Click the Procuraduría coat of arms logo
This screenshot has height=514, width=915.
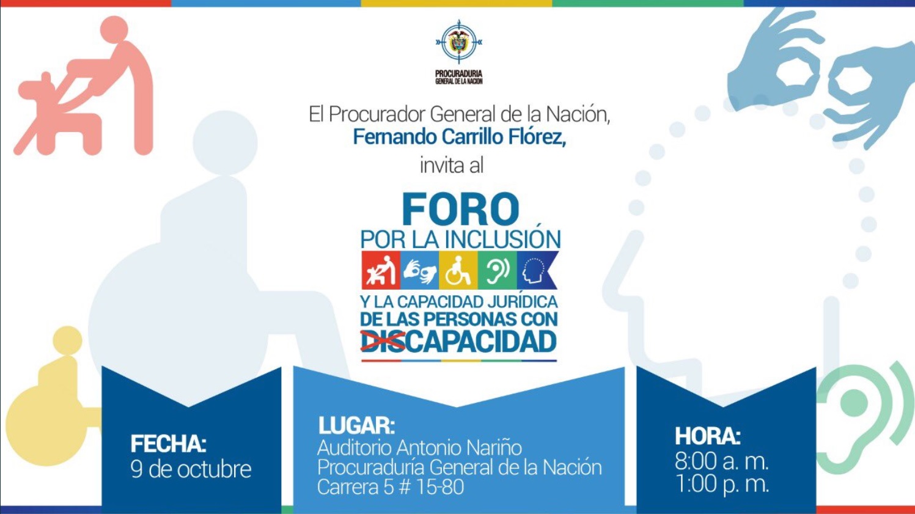(458, 43)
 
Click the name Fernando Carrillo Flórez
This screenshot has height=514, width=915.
(459, 137)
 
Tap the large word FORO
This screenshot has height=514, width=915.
(460, 210)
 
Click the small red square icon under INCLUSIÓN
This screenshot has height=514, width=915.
(380, 270)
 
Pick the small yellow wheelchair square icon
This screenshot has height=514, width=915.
(458, 270)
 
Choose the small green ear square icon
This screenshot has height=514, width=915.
(497, 270)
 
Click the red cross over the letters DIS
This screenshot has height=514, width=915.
(382, 341)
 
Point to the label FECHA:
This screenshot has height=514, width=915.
(168, 444)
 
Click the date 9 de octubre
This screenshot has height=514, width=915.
(191, 469)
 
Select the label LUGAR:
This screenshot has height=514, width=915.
(356, 425)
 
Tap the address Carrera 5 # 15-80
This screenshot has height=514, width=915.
(390, 487)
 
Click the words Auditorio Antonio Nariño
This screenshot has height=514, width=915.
(419, 447)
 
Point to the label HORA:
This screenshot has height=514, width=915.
(707, 436)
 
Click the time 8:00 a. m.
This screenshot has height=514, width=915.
(721, 461)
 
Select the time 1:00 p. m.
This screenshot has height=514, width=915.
(722, 484)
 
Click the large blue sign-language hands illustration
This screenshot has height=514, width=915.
(819, 73)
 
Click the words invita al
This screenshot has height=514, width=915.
(451, 165)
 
